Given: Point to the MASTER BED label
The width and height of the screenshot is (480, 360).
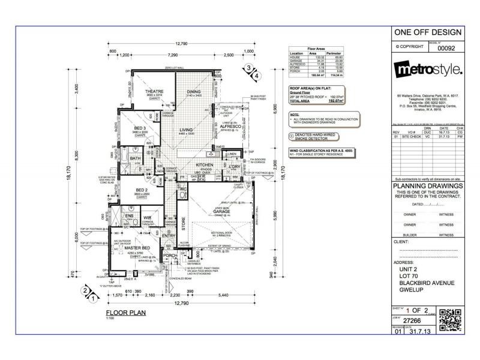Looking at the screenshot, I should point(140,247).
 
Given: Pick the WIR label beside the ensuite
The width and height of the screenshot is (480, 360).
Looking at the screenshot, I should point(146,218).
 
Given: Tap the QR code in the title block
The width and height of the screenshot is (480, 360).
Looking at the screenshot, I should point(451,320).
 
